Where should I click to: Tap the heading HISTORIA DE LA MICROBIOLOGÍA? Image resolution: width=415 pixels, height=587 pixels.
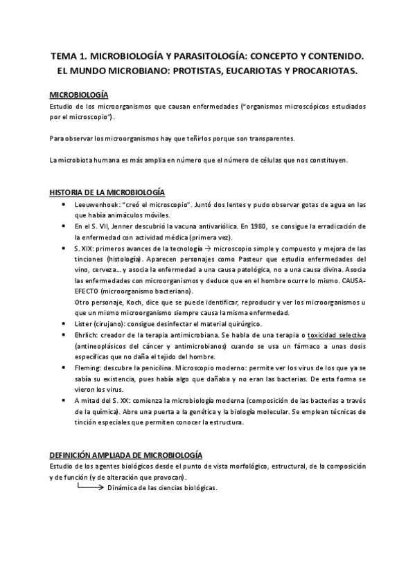(x=107, y=192)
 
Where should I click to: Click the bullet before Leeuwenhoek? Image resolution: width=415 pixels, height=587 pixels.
(x=64, y=205)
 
